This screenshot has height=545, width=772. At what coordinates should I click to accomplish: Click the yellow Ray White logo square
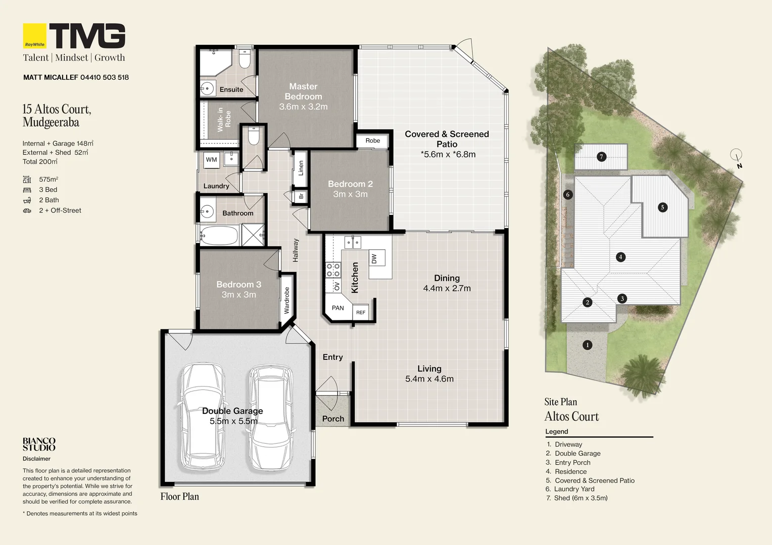coord(34,36)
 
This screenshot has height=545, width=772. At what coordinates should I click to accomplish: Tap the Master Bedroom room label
coord(303,91)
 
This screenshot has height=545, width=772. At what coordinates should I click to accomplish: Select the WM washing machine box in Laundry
coord(211,160)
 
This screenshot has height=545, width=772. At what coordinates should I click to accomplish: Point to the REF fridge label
coord(361,312)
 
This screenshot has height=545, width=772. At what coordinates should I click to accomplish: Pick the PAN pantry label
coord(337,308)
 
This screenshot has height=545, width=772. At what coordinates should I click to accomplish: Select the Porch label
coord(333,419)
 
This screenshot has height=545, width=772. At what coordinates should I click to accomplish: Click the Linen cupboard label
coord(301,169)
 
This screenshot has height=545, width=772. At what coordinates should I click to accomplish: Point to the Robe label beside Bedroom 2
coord(372,140)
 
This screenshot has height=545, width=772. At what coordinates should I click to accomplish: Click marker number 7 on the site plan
coord(601,157)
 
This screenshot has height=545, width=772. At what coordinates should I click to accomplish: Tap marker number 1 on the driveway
coord(587,345)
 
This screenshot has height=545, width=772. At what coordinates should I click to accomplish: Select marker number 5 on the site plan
coord(662,207)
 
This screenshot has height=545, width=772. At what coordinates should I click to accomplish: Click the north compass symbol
coord(737,159)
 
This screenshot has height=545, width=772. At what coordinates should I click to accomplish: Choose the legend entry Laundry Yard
coord(574,489)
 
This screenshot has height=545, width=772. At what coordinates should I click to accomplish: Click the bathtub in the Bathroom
coord(219,236)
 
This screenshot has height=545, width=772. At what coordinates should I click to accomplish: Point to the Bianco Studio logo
coord(39,444)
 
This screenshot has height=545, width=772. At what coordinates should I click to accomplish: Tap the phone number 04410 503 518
coord(105,78)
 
